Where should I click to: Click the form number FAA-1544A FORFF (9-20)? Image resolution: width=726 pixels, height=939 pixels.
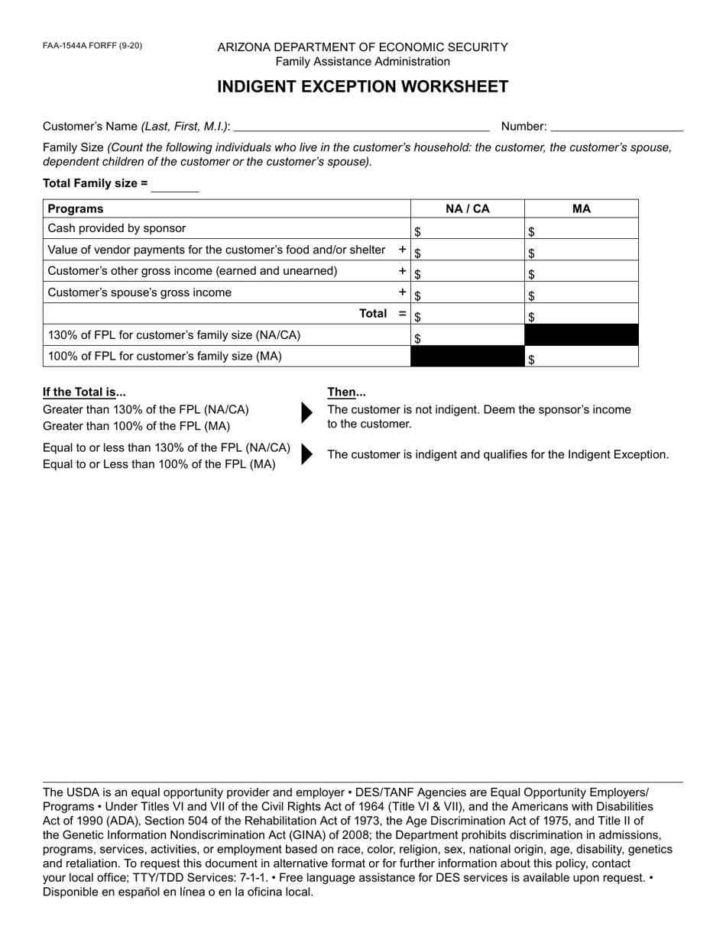click(x=92, y=46)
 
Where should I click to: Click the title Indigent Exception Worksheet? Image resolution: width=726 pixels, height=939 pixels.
click(x=362, y=86)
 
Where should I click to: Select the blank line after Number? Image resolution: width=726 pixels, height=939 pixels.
click(x=616, y=127)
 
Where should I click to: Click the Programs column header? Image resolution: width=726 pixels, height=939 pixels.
click(x=76, y=208)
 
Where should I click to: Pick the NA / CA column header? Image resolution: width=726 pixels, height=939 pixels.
click(x=468, y=208)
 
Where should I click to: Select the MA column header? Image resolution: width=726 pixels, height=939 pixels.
click(x=581, y=208)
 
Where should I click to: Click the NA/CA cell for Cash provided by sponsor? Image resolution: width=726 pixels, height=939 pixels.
click(x=468, y=229)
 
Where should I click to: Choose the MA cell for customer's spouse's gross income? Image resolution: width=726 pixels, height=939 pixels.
click(x=581, y=293)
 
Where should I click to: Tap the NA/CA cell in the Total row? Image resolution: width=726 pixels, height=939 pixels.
click(x=468, y=314)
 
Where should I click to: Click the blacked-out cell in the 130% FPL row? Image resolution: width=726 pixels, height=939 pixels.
click(x=581, y=335)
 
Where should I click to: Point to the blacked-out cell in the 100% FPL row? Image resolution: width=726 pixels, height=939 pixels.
click(x=468, y=357)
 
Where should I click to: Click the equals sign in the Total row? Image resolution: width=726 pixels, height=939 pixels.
click(x=402, y=314)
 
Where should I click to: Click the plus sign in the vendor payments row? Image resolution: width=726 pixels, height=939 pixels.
click(x=402, y=250)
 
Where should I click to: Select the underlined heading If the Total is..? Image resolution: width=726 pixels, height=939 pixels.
click(x=84, y=392)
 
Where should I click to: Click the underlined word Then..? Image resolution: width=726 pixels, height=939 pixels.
click(x=346, y=392)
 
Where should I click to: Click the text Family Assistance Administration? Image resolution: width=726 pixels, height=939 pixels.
click(x=362, y=62)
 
